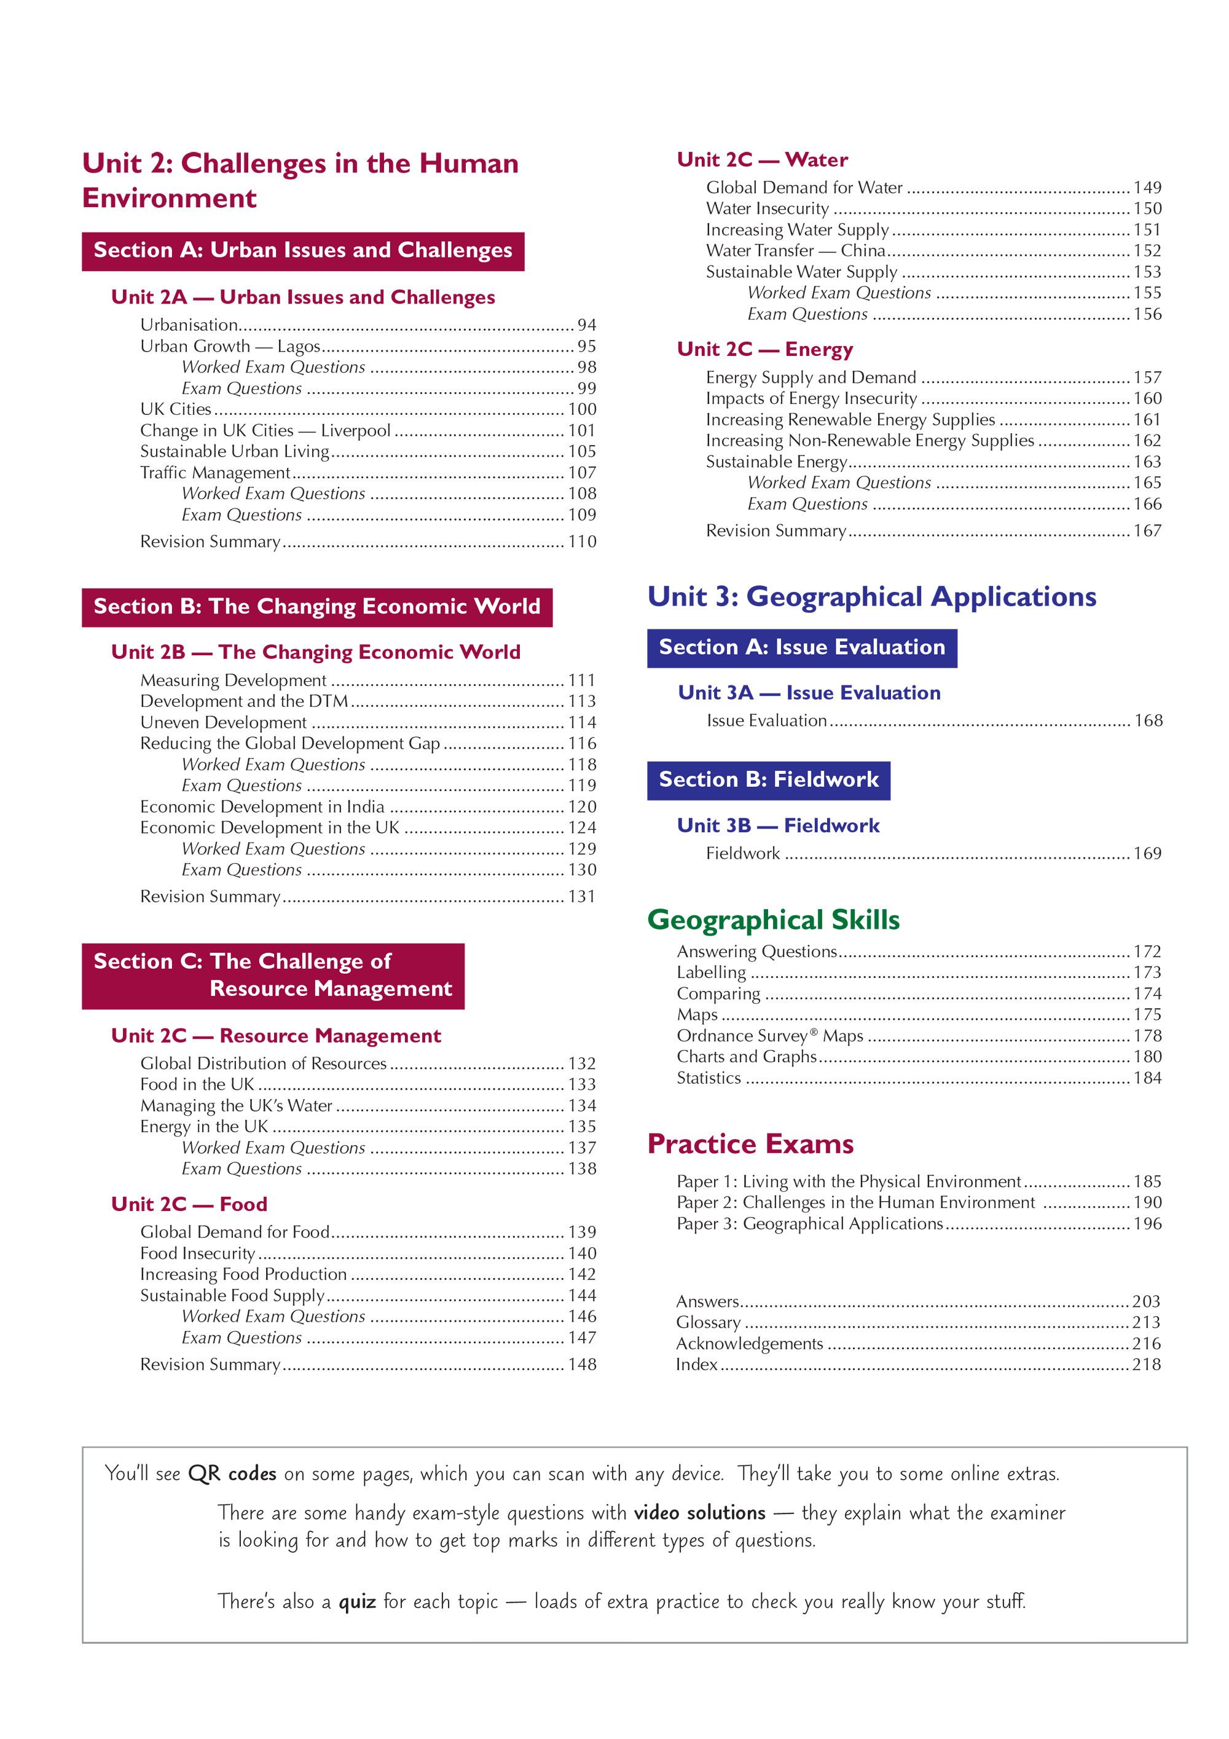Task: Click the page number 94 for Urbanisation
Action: click(586, 325)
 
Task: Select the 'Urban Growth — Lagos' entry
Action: click(230, 346)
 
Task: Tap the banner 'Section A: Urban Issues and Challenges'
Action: click(303, 251)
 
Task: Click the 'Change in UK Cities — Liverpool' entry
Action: click(265, 430)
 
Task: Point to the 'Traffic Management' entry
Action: click(215, 473)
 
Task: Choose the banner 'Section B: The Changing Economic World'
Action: click(316, 607)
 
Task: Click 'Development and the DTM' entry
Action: click(244, 701)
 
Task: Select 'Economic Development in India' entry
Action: click(262, 806)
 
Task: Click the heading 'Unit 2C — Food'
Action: click(189, 1204)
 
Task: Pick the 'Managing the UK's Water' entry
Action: click(236, 1106)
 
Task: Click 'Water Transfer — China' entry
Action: click(795, 251)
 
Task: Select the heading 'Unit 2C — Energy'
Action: click(765, 349)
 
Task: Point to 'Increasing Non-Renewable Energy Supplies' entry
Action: click(870, 441)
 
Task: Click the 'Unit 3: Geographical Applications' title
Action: click(871, 597)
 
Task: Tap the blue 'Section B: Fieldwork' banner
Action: click(768, 780)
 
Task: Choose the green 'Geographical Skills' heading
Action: click(773, 920)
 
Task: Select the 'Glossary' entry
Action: click(708, 1322)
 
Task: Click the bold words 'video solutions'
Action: click(700, 1513)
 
